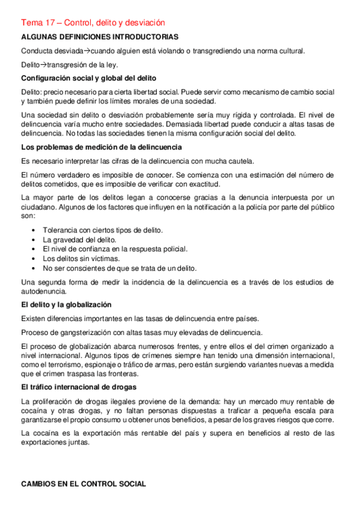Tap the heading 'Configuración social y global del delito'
tap(88, 78)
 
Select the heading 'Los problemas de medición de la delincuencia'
tap(101, 147)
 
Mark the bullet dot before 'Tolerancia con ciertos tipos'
tap(34, 230)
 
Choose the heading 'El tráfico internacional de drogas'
tap(78, 387)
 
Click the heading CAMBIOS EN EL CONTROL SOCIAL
tap(83, 484)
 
